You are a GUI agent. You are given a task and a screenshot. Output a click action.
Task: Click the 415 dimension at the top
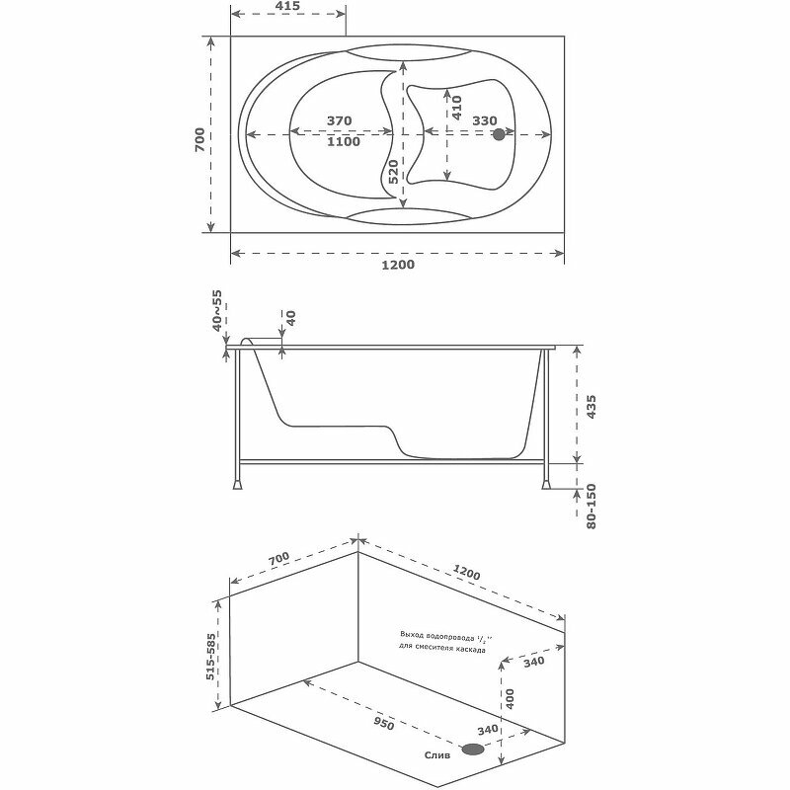[288, 7]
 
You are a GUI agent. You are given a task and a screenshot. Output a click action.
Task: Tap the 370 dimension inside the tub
[339, 120]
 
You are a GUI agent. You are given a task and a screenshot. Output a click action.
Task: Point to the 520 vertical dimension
[393, 172]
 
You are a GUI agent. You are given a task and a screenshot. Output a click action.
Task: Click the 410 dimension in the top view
[456, 106]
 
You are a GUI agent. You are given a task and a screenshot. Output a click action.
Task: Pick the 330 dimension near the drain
[484, 120]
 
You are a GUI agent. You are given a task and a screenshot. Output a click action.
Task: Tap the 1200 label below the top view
[398, 265]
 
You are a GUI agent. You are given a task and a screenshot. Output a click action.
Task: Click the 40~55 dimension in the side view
[216, 311]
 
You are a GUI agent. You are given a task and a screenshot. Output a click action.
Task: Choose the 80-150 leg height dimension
[592, 505]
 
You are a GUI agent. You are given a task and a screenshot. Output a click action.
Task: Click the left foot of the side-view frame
[237, 485]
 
